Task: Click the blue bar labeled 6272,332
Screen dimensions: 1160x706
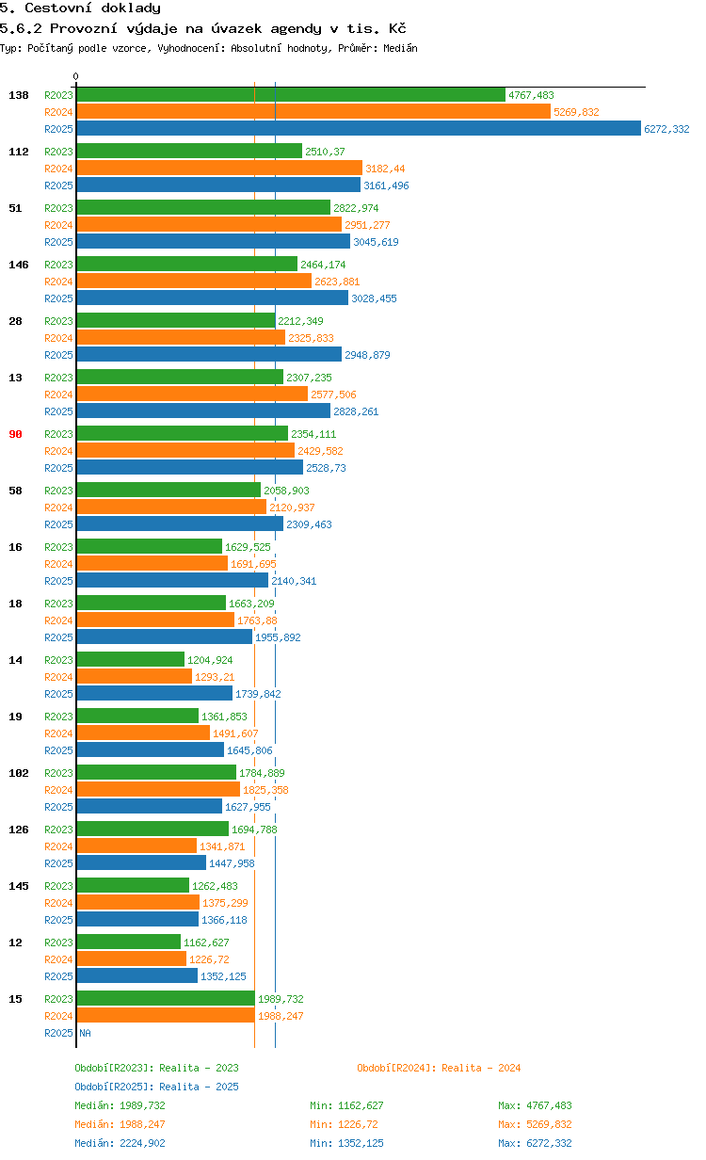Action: point(358,129)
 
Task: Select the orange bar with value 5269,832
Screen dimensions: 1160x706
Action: point(313,112)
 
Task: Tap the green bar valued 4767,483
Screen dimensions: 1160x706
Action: point(290,95)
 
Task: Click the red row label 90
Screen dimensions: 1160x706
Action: point(15,434)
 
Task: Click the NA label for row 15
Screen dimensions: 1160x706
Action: point(85,1033)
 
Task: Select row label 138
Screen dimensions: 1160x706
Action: point(19,95)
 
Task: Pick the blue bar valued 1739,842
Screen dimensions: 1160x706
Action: point(154,694)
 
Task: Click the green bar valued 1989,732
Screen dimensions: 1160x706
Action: point(166,999)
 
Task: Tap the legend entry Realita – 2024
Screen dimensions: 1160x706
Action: point(439,1068)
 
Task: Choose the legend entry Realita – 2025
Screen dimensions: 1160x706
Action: point(156,1087)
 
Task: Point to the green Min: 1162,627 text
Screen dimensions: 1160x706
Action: point(346,1105)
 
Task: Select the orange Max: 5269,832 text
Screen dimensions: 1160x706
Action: point(535,1124)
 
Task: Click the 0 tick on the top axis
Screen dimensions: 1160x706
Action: point(76,76)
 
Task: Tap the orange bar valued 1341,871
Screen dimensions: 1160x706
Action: point(136,846)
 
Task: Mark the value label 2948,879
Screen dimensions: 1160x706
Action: point(367,355)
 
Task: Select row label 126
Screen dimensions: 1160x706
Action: point(19,830)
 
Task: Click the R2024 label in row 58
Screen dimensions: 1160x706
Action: point(58,507)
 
